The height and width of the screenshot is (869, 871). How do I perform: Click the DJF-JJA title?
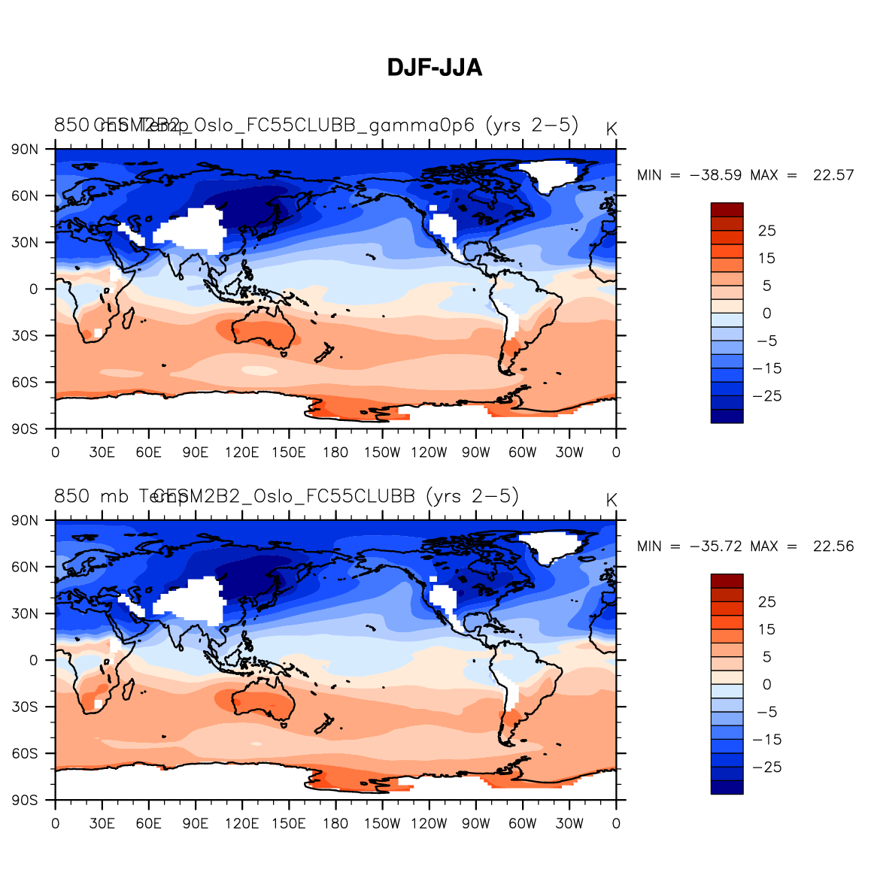point(435,68)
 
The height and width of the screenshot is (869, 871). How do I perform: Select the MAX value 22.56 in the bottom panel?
point(833,547)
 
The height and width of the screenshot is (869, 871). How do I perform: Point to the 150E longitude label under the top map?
point(289,453)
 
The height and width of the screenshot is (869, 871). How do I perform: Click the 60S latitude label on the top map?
point(25,383)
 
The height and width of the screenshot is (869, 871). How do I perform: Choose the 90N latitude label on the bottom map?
point(25,520)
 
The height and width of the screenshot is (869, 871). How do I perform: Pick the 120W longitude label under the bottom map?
point(429,824)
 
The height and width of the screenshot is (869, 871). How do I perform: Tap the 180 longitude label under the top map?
point(335,453)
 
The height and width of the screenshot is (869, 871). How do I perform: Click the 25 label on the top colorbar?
point(766,231)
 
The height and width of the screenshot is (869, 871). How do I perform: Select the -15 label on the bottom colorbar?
point(767,740)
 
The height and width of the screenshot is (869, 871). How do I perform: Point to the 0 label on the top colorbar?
point(766,313)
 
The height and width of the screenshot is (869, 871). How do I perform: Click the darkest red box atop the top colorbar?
point(727,210)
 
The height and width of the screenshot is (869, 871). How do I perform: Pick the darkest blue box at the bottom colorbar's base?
point(727,787)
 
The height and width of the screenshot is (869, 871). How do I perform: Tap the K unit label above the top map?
point(612,129)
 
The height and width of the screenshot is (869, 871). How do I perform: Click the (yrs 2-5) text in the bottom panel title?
point(472,496)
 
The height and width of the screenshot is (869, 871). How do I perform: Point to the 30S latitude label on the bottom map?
point(25,707)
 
